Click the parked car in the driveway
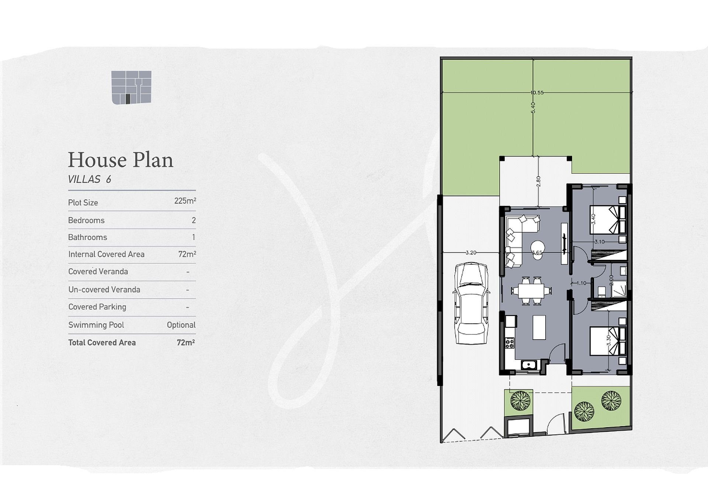471,303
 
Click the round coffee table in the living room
538,246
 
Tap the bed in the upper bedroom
607,220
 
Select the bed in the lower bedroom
607,341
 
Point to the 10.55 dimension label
537,92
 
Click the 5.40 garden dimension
532,108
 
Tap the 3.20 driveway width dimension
471,253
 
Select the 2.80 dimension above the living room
538,181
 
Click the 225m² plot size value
185,201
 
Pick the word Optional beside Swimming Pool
181,325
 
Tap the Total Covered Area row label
102,343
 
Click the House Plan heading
121,160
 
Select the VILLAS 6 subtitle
90,179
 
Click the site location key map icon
131,87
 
